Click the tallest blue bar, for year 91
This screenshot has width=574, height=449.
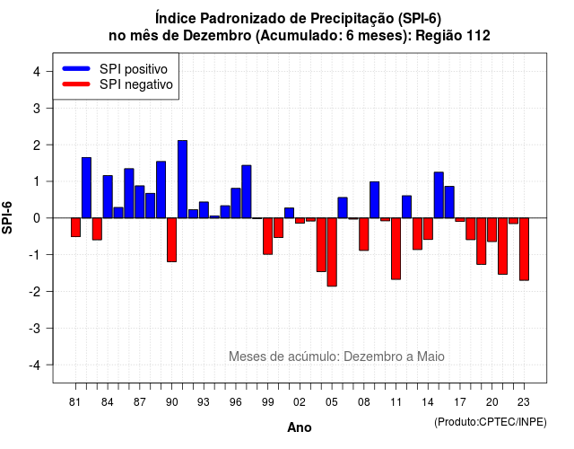point(182,180)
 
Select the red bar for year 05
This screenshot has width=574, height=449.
point(332,252)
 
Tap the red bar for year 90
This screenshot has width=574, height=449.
point(171,240)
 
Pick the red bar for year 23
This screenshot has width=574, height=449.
point(524,250)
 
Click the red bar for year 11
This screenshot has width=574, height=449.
point(396,249)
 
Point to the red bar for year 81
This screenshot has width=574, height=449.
point(75,227)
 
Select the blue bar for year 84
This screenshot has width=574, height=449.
point(108,197)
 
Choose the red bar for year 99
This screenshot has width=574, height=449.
point(267,236)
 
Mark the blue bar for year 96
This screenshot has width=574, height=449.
point(236,203)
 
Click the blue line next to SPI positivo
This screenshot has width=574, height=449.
point(76,68)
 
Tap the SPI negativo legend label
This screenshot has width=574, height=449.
point(136,84)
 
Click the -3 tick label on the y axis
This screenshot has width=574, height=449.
point(35,329)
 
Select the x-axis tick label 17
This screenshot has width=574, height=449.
point(460,402)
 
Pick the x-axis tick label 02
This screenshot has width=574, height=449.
point(300,402)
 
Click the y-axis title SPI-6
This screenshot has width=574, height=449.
point(7,217)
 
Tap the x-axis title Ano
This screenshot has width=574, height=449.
point(300,427)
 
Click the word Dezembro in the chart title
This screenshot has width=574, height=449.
point(217,36)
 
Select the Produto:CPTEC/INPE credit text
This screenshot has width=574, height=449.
point(491,422)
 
